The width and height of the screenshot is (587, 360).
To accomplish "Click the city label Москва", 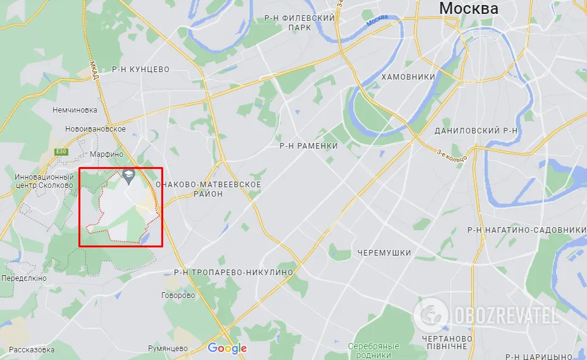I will pos(469,8).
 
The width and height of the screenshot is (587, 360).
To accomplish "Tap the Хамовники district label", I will pos(408,77).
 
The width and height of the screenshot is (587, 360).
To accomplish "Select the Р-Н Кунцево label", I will pos(140,68).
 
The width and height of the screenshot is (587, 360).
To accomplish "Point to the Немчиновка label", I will pos(75,109).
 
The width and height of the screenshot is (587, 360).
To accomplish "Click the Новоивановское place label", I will pos(96,129).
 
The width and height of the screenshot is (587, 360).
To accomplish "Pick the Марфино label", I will pos(106,154).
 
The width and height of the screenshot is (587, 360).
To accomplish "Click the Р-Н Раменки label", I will pos(309,146).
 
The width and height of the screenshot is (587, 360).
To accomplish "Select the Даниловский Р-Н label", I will pos(476,130).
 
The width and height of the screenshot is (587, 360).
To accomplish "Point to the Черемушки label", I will pos(384,252).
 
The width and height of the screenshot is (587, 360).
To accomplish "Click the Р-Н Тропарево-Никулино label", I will pos(233,272).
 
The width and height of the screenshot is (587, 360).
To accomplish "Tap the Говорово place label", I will pos(178,295).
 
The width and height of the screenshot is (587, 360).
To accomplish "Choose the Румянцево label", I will pos(168,348).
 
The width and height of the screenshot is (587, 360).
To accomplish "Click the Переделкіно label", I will pos(24,278).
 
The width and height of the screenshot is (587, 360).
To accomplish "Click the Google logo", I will pos(227,348).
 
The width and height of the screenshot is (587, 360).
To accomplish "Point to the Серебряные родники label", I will pos(374,351).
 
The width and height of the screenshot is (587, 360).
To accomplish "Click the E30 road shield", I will pos(61,152).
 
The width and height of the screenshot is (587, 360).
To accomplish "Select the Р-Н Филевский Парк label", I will pos(300,23).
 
